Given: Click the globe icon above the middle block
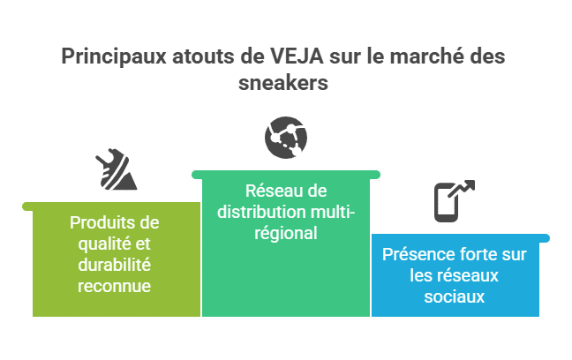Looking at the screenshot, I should pyautogui.click(x=286, y=138).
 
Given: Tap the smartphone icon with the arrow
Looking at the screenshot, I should pyautogui.click(x=452, y=200).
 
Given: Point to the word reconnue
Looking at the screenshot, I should pyautogui.click(x=113, y=286).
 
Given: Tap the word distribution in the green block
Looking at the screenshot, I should pyautogui.click(x=257, y=212).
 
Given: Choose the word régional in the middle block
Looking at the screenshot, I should pyautogui.click(x=285, y=234).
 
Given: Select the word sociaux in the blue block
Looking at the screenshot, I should pyautogui.click(x=455, y=297).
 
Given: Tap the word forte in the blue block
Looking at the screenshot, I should pyautogui.click(x=478, y=255).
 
